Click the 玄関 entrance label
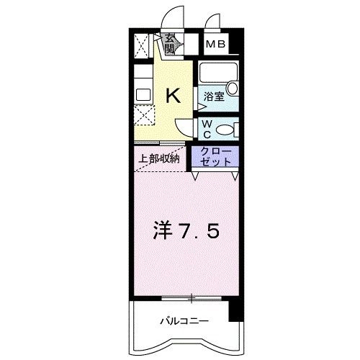tap(170, 45)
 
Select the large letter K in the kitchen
tap(174, 94)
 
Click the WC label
tap(205, 130)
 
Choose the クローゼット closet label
tap(216, 156)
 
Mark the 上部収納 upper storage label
tap(159, 159)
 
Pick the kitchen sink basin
tap(142, 94)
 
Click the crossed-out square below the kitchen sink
tap(144, 114)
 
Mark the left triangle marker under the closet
tap(197, 176)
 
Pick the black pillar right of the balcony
tap(233, 311)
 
